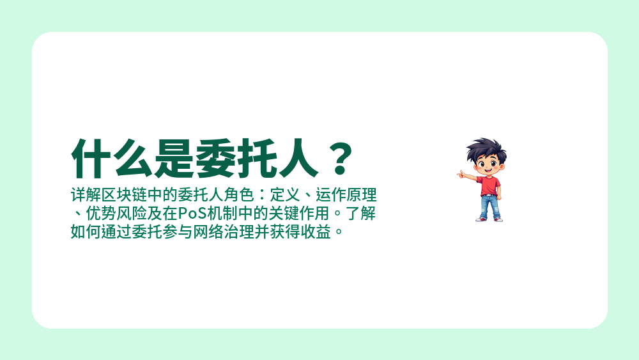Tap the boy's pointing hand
pyautogui.click(x=461, y=173)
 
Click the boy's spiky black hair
pyautogui.click(x=485, y=149)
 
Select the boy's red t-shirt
pyautogui.click(x=489, y=185)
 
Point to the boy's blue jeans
pyautogui.click(x=489, y=207)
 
